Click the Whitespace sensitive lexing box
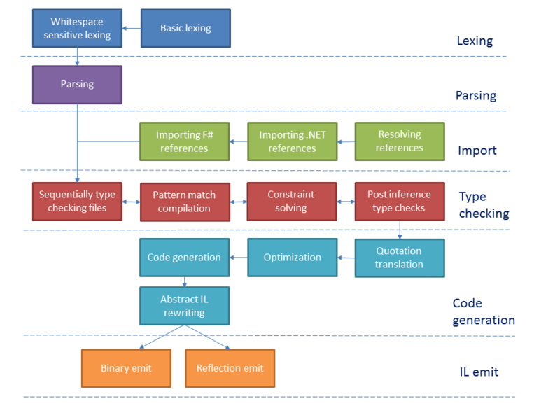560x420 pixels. click(x=77, y=28)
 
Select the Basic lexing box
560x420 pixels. click(x=185, y=28)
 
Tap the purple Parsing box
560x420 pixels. click(x=77, y=85)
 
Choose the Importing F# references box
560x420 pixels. click(x=184, y=141)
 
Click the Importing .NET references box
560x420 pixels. click(x=292, y=141)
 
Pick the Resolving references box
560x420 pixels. click(x=400, y=141)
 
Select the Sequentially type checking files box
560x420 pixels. click(x=77, y=201)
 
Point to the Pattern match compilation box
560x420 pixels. click(x=184, y=201)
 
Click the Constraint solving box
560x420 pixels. click(x=291, y=201)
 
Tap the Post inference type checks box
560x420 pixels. click(x=399, y=201)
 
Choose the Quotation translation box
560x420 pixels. click(x=399, y=258)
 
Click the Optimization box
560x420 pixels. click(x=292, y=257)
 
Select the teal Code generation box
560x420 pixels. click(x=184, y=257)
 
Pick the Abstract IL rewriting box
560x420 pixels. click(x=184, y=305)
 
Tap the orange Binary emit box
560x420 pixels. click(x=126, y=368)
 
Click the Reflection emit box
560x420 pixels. click(x=229, y=368)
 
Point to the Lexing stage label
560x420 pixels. click(x=475, y=41)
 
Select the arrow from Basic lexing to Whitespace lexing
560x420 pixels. click(x=132, y=29)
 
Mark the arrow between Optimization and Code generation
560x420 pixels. click(x=239, y=258)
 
